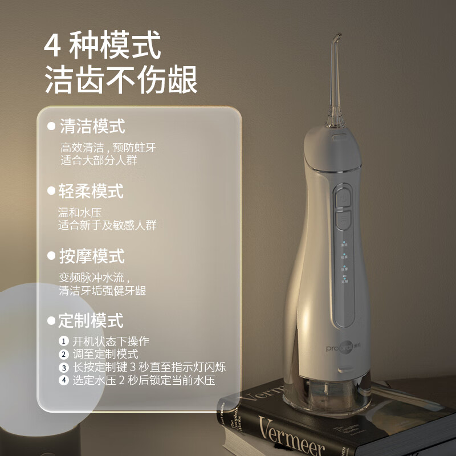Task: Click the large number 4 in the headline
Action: click(x=53, y=46)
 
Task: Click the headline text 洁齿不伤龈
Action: click(x=121, y=79)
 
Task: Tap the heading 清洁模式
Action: click(x=92, y=126)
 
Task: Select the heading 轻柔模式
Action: click(x=91, y=191)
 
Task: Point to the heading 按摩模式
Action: click(x=92, y=256)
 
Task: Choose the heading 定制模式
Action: click(x=91, y=320)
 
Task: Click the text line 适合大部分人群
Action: click(x=99, y=160)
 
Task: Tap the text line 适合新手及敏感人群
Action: click(x=107, y=225)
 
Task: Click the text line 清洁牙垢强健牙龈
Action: click(x=103, y=291)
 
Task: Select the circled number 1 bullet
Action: click(x=64, y=341)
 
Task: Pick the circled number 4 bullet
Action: click(x=64, y=381)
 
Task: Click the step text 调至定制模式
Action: click(x=105, y=355)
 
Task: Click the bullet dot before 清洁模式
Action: click(x=51, y=127)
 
